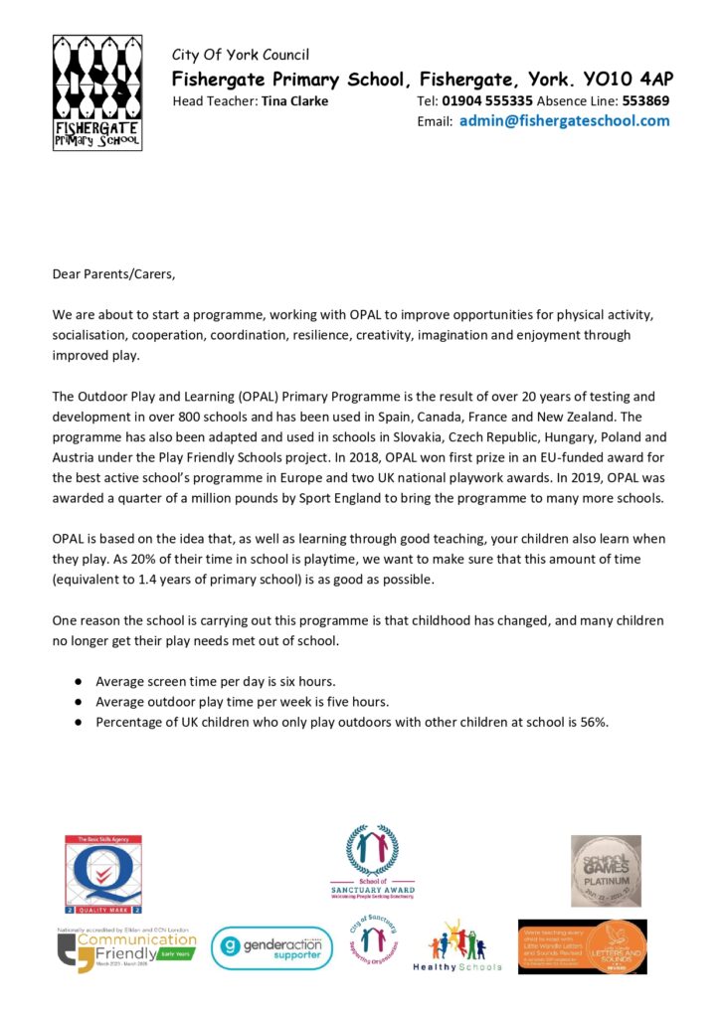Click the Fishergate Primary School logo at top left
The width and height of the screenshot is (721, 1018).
point(96,92)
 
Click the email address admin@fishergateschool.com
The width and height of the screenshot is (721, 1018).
point(564,121)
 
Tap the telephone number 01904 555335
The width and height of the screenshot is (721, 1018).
point(489,100)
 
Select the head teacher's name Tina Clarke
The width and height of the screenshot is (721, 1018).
point(294,100)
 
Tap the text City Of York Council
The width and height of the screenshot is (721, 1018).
point(240,55)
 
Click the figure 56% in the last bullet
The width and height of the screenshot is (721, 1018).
point(591,722)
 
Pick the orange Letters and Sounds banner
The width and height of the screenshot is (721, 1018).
point(582,946)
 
